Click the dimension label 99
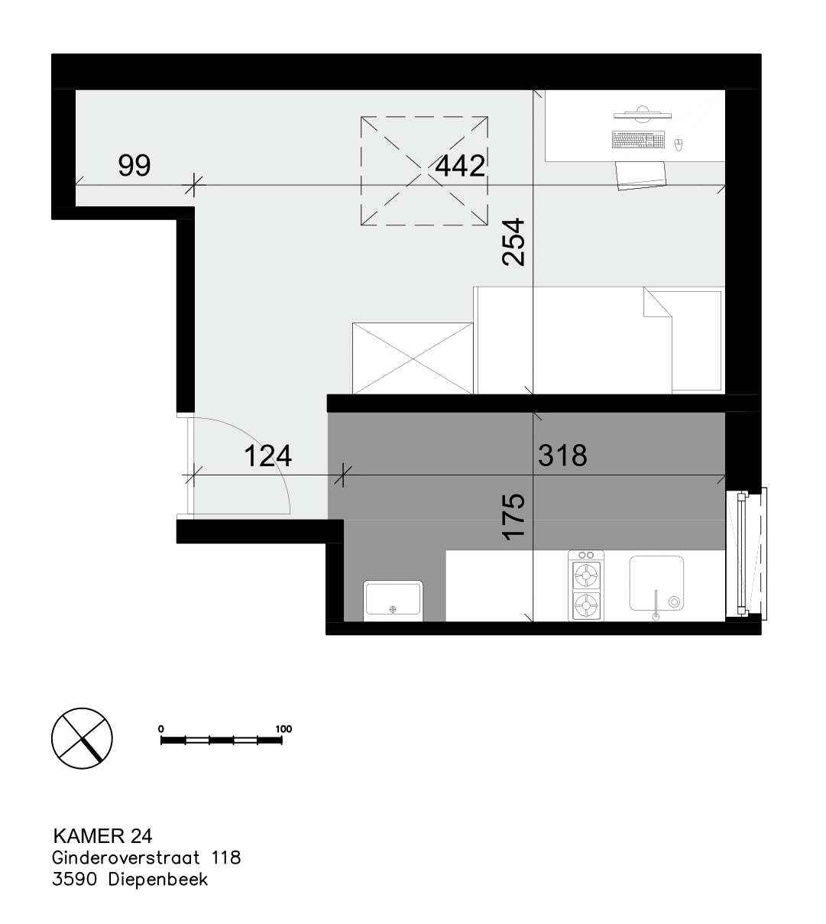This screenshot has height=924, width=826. click(134, 166)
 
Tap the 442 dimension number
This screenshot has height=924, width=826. click(460, 166)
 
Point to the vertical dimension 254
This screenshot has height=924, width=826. click(513, 242)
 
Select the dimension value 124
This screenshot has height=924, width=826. click(267, 456)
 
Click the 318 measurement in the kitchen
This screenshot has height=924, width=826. click(563, 456)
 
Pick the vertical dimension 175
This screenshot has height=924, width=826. click(513, 517)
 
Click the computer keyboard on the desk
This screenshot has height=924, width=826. click(638, 140)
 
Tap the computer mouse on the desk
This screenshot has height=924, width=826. click(679, 144)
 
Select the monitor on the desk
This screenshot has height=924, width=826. click(642, 114)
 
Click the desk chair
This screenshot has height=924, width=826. click(641, 175)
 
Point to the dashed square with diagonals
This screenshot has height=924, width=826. click(424, 170)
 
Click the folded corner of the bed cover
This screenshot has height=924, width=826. click(657, 301)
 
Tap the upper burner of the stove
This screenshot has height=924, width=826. click(585, 575)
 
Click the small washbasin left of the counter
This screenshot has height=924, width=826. click(393, 600)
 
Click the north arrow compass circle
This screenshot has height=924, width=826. click(82, 738)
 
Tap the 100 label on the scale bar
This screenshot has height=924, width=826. click(283, 729)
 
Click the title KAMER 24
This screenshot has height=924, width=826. click(102, 836)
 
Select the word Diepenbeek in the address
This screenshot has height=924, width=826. click(158, 880)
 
